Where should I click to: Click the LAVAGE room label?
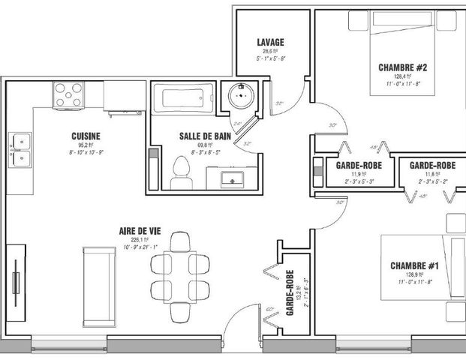(270, 42)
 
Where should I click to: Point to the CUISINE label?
(86, 136)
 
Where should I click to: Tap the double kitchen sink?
(20, 148)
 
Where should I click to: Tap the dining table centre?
(180, 274)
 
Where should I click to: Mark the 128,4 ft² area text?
(404, 76)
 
